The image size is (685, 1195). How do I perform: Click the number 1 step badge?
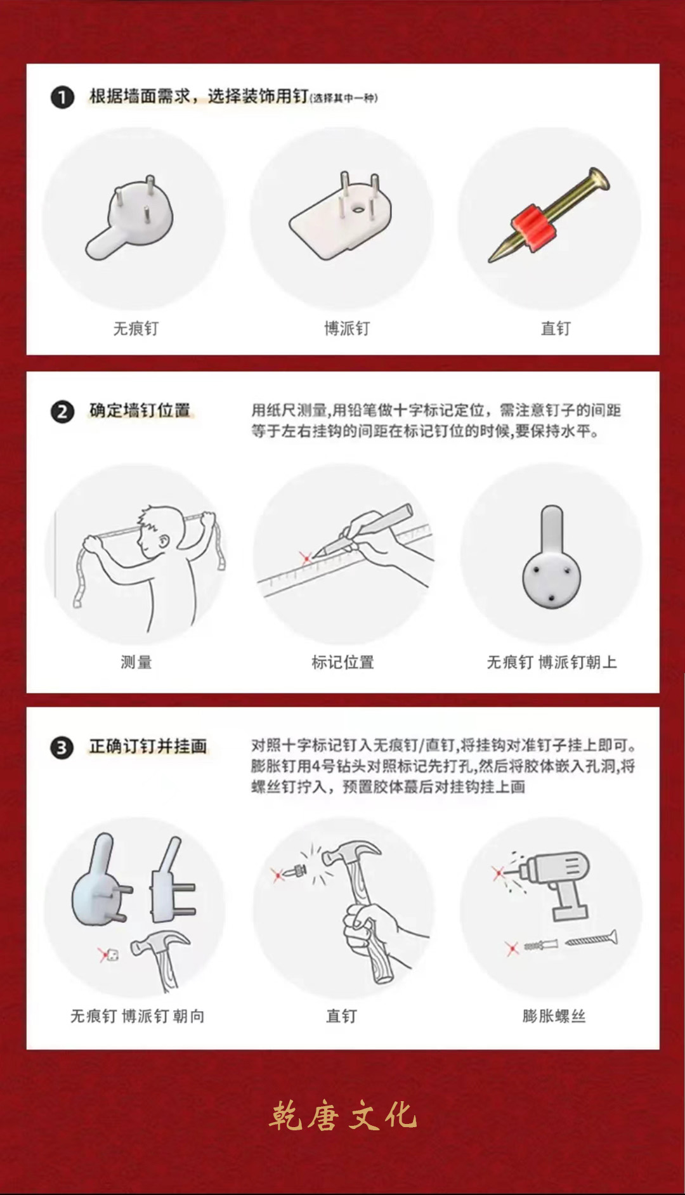pyautogui.click(x=62, y=98)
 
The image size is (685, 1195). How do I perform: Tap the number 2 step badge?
pyautogui.click(x=62, y=412)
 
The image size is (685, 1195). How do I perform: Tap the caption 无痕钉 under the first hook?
pyautogui.click(x=136, y=329)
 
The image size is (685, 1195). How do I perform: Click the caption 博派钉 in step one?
pyautogui.click(x=346, y=329)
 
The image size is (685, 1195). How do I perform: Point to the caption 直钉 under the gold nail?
pyautogui.click(x=556, y=329)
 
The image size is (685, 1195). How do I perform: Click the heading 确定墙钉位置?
pyautogui.click(x=140, y=410)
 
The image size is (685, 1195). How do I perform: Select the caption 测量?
pyautogui.click(x=136, y=663)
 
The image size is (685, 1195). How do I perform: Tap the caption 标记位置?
pyautogui.click(x=342, y=663)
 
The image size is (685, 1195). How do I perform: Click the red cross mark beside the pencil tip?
pyautogui.click(x=306, y=558)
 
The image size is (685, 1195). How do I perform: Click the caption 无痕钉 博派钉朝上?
pyautogui.click(x=552, y=663)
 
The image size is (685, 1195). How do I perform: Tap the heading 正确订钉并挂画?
pyautogui.click(x=148, y=746)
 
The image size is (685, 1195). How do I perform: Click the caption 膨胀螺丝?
pyautogui.click(x=554, y=1016)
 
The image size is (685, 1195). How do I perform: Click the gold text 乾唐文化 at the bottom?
pyautogui.click(x=342, y=1116)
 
